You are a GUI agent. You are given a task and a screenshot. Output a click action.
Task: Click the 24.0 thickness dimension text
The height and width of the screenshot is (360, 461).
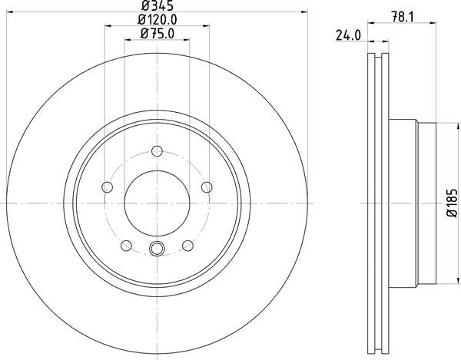(x=347, y=35)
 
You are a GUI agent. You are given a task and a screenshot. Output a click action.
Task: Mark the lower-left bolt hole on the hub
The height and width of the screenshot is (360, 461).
(x=126, y=245)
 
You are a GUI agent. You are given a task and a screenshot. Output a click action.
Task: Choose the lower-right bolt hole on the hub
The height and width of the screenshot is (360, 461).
(x=187, y=245)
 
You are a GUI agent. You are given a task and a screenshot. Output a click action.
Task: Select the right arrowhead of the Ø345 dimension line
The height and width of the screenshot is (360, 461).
(x=304, y=13)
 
